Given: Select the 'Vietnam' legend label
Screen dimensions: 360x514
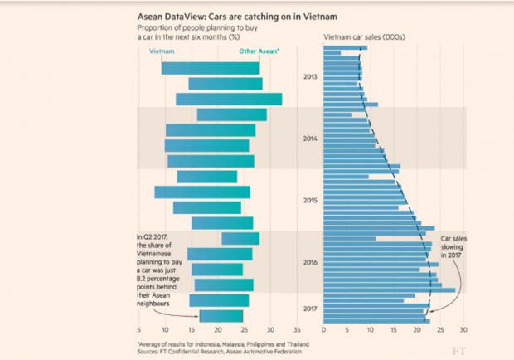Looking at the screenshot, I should pos(161,51).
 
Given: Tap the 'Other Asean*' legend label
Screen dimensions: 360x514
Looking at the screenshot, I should pos(259,51).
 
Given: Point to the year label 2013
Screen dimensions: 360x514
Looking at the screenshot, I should pos(310,77).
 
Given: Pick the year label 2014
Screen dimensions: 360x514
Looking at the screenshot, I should pos(310,139).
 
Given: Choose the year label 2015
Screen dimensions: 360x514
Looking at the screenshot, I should pos(310,201).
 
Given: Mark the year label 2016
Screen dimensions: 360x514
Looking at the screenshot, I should pos(310,263).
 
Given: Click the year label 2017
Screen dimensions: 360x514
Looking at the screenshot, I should pos(310,309).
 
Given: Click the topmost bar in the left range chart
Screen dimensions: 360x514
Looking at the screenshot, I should pos(211,68).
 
